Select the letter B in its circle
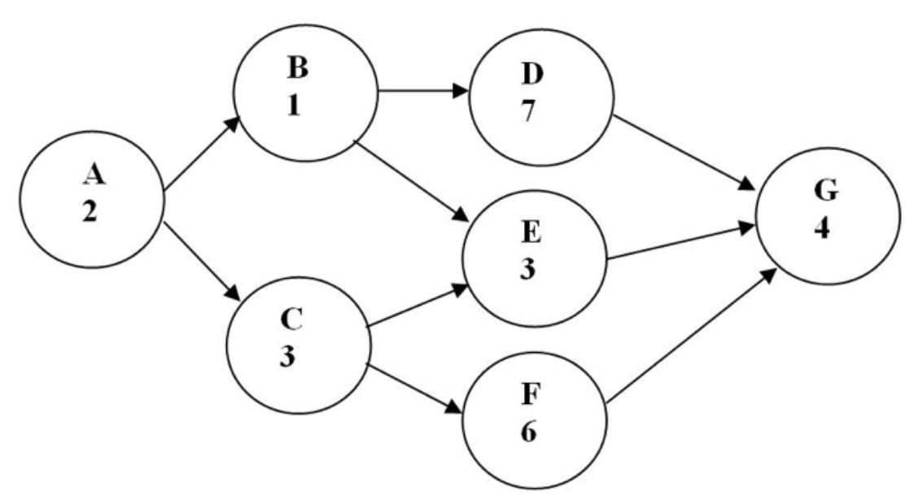pos(300,68)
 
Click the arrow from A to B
pos(203,156)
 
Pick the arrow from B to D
pos(423,90)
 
